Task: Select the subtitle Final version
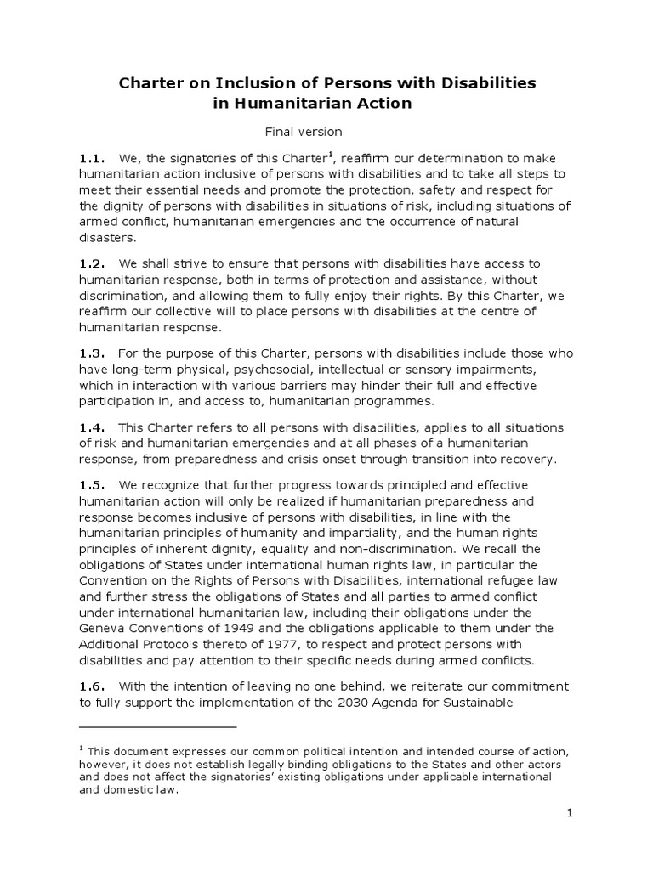click(x=303, y=132)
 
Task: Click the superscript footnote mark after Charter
click(x=331, y=154)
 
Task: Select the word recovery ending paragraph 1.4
click(x=528, y=460)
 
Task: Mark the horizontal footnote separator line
click(x=157, y=727)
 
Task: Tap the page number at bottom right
click(x=571, y=814)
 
